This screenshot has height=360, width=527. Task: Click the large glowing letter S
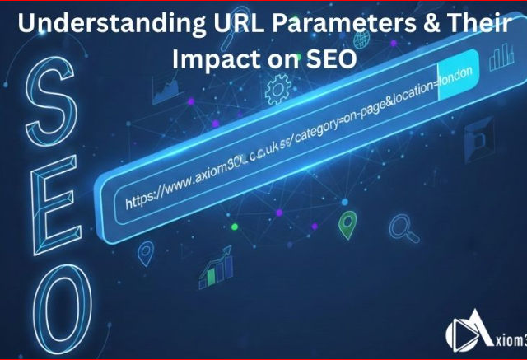point(52,99)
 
